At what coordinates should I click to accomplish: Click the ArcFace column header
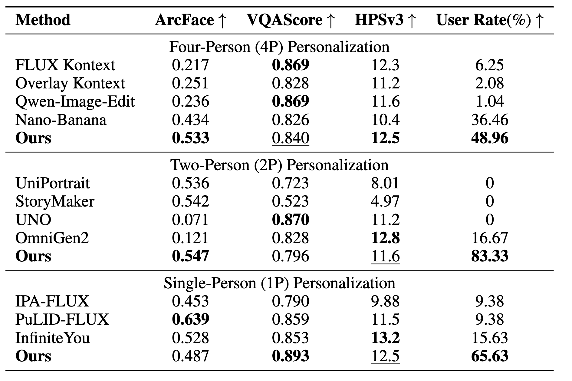(190, 20)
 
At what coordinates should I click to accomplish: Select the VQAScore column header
(291, 20)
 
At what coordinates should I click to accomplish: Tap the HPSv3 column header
(385, 20)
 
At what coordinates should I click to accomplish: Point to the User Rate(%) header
(490, 20)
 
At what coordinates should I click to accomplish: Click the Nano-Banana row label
(61, 120)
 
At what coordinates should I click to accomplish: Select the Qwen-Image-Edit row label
(75, 101)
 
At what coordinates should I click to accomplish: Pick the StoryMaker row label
(55, 201)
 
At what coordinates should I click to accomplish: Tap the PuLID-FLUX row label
(62, 320)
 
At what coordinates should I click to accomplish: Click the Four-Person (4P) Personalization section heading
(279, 47)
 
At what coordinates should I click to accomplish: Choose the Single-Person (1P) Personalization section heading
(279, 283)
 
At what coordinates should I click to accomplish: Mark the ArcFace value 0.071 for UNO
(190, 220)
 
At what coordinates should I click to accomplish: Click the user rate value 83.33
(489, 256)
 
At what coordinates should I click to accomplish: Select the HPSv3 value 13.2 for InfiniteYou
(385, 338)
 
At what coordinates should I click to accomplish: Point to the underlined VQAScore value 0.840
(291, 138)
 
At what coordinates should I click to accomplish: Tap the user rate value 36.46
(489, 120)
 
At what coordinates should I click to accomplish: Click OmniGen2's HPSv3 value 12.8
(385, 238)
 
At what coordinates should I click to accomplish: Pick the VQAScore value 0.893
(291, 356)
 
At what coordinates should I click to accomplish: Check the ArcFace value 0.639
(190, 320)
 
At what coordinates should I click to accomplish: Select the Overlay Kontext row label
(70, 83)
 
